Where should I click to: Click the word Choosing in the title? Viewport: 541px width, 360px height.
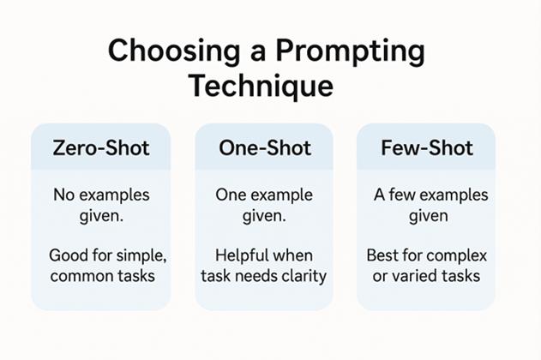pyautogui.click(x=173, y=51)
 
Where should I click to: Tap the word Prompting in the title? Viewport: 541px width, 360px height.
pyautogui.click(x=350, y=51)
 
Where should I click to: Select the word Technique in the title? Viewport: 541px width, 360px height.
pyautogui.click(x=262, y=87)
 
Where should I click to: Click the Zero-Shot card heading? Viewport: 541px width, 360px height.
pyautogui.click(x=101, y=148)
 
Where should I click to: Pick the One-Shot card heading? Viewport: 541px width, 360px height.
pyautogui.click(x=265, y=148)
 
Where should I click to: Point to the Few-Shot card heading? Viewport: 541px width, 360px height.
pyautogui.click(x=427, y=148)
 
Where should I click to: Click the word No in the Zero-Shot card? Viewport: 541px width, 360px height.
pyautogui.click(x=63, y=195)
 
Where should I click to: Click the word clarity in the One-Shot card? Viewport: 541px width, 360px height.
pyautogui.click(x=304, y=276)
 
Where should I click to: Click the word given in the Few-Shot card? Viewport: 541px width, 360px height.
pyautogui.click(x=429, y=217)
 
